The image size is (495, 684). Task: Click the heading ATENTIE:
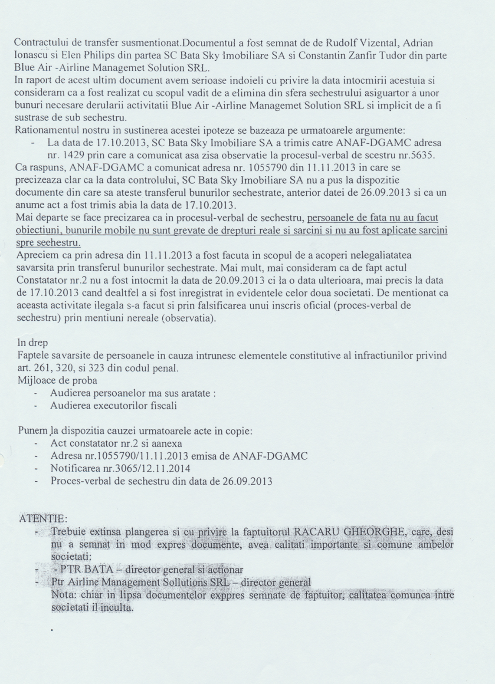tap(43, 519)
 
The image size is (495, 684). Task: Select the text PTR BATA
tap(75, 569)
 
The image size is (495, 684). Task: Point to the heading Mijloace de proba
tap(57, 380)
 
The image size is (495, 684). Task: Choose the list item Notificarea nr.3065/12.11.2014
tap(120, 468)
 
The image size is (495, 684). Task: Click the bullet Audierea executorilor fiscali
tap(113, 406)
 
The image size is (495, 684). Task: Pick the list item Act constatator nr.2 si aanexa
tap(116, 443)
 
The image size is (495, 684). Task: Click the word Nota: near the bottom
tap(63, 595)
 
